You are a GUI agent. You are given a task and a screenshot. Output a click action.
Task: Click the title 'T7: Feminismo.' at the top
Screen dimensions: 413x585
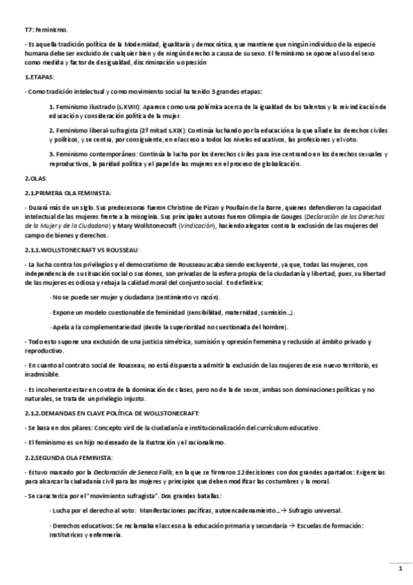46,30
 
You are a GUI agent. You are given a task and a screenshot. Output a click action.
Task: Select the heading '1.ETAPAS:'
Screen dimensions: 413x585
39,78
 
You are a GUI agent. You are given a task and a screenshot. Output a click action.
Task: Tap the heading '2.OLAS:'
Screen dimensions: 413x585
36,179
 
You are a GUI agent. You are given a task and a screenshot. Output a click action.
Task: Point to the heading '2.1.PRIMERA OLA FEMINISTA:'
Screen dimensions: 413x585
67,192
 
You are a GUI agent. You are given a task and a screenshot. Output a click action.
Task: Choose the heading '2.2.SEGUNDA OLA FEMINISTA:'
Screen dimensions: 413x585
66,457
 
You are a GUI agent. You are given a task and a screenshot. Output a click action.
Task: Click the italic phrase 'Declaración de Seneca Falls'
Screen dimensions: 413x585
133,472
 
